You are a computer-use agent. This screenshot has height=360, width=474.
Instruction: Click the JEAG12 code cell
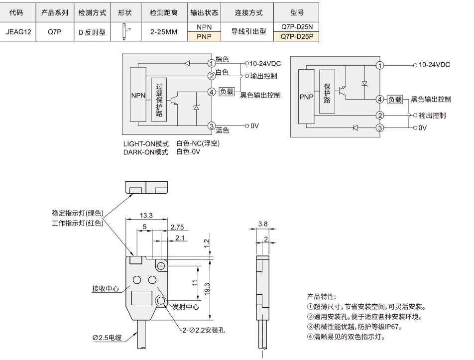tap(18, 32)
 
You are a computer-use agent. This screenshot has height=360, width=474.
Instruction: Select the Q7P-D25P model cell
tap(296, 36)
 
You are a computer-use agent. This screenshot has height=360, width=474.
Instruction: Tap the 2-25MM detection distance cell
tap(164, 32)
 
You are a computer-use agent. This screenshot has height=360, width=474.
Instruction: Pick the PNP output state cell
tap(204, 36)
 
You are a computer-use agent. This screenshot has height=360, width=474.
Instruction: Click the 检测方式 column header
tap(92, 12)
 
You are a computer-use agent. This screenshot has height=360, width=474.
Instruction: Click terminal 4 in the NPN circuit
tap(212, 92)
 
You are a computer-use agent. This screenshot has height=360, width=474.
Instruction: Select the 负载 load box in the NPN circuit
tap(227, 92)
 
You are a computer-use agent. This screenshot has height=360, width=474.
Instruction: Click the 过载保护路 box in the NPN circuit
tap(159, 100)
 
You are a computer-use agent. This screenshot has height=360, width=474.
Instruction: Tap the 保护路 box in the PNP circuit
tap(327, 92)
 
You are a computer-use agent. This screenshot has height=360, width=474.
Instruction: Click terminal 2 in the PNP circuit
tap(380, 115)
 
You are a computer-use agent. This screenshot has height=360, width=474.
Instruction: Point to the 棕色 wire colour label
tap(222, 59)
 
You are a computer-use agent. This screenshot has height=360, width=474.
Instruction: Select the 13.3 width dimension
tap(146, 216)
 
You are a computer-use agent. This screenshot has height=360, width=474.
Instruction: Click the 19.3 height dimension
tap(207, 289)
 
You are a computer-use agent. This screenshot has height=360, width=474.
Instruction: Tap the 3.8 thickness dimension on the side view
tap(263, 224)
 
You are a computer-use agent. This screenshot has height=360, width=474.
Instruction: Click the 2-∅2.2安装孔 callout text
tap(204, 330)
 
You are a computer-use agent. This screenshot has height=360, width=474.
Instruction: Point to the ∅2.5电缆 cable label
tap(107, 337)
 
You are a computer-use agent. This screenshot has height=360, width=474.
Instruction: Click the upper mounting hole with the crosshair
tap(161, 266)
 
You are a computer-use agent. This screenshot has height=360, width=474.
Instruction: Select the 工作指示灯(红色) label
tap(77, 223)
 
